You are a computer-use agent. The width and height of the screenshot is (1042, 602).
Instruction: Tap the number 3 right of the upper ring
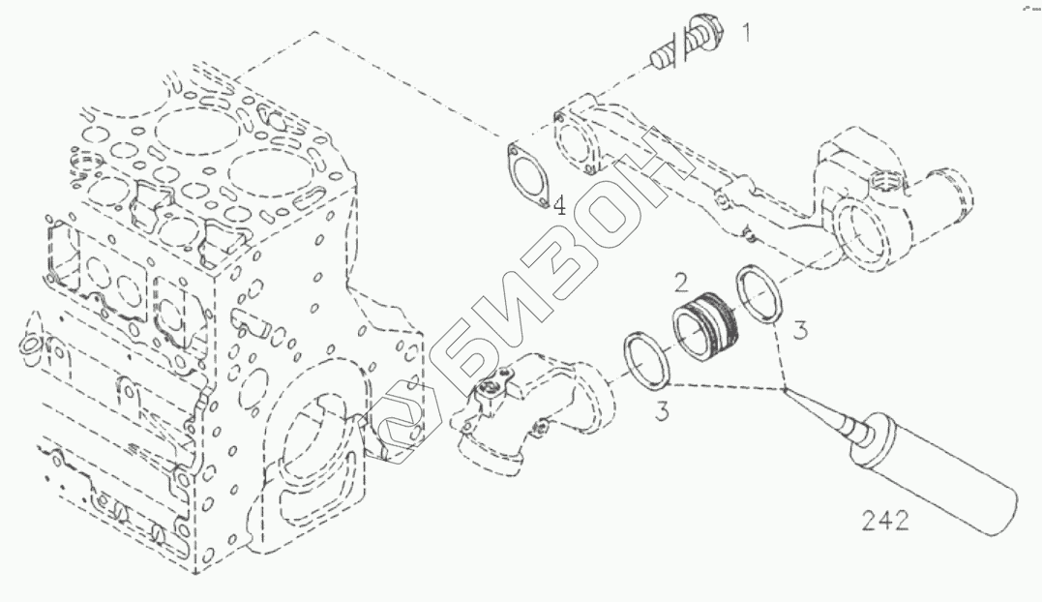(799, 330)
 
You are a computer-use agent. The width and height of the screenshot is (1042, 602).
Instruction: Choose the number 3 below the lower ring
(661, 411)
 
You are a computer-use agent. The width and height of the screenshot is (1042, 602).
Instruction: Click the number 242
(885, 522)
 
